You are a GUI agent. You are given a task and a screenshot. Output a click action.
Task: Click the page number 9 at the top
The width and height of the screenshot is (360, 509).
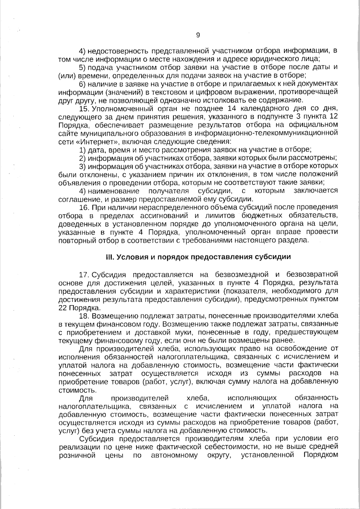tap(198, 35)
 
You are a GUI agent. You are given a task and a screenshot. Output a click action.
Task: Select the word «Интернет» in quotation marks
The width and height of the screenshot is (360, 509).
tap(92, 141)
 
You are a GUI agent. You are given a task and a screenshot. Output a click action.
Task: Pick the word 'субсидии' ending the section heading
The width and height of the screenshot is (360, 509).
tap(276, 257)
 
